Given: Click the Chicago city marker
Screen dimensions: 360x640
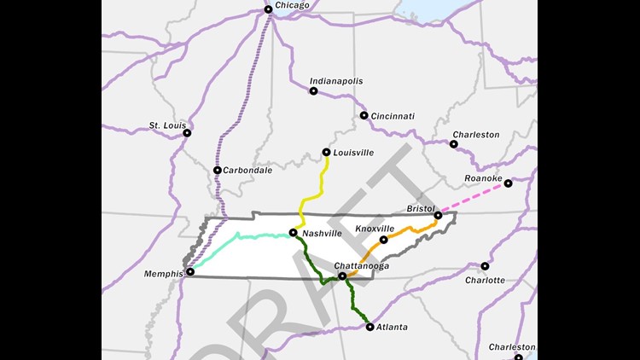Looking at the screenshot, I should click(268, 9).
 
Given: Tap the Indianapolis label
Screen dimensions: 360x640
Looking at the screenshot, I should click(337, 81).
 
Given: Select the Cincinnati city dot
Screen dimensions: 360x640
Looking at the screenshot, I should click(364, 115).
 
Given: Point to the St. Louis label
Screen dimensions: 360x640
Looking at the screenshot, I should click(167, 125).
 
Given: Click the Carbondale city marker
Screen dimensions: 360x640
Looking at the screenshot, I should click(218, 170).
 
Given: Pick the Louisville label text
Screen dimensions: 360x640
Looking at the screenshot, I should click(354, 153).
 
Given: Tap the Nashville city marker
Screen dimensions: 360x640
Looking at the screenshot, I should click(293, 232).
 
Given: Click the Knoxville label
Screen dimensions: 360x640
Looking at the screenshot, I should click(375, 229).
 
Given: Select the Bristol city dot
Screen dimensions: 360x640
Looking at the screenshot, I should click(438, 216).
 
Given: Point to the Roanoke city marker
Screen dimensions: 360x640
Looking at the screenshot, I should click(508, 183).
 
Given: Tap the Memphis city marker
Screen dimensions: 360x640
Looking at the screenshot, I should click(190, 272).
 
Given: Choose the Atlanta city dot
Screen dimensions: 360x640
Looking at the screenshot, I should click(369, 327).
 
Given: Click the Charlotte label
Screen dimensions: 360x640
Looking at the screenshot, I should click(485, 280).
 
